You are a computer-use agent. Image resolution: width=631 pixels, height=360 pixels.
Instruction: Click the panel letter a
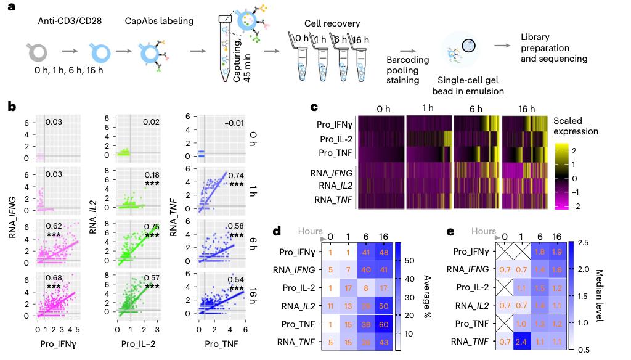[x=11, y=9]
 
